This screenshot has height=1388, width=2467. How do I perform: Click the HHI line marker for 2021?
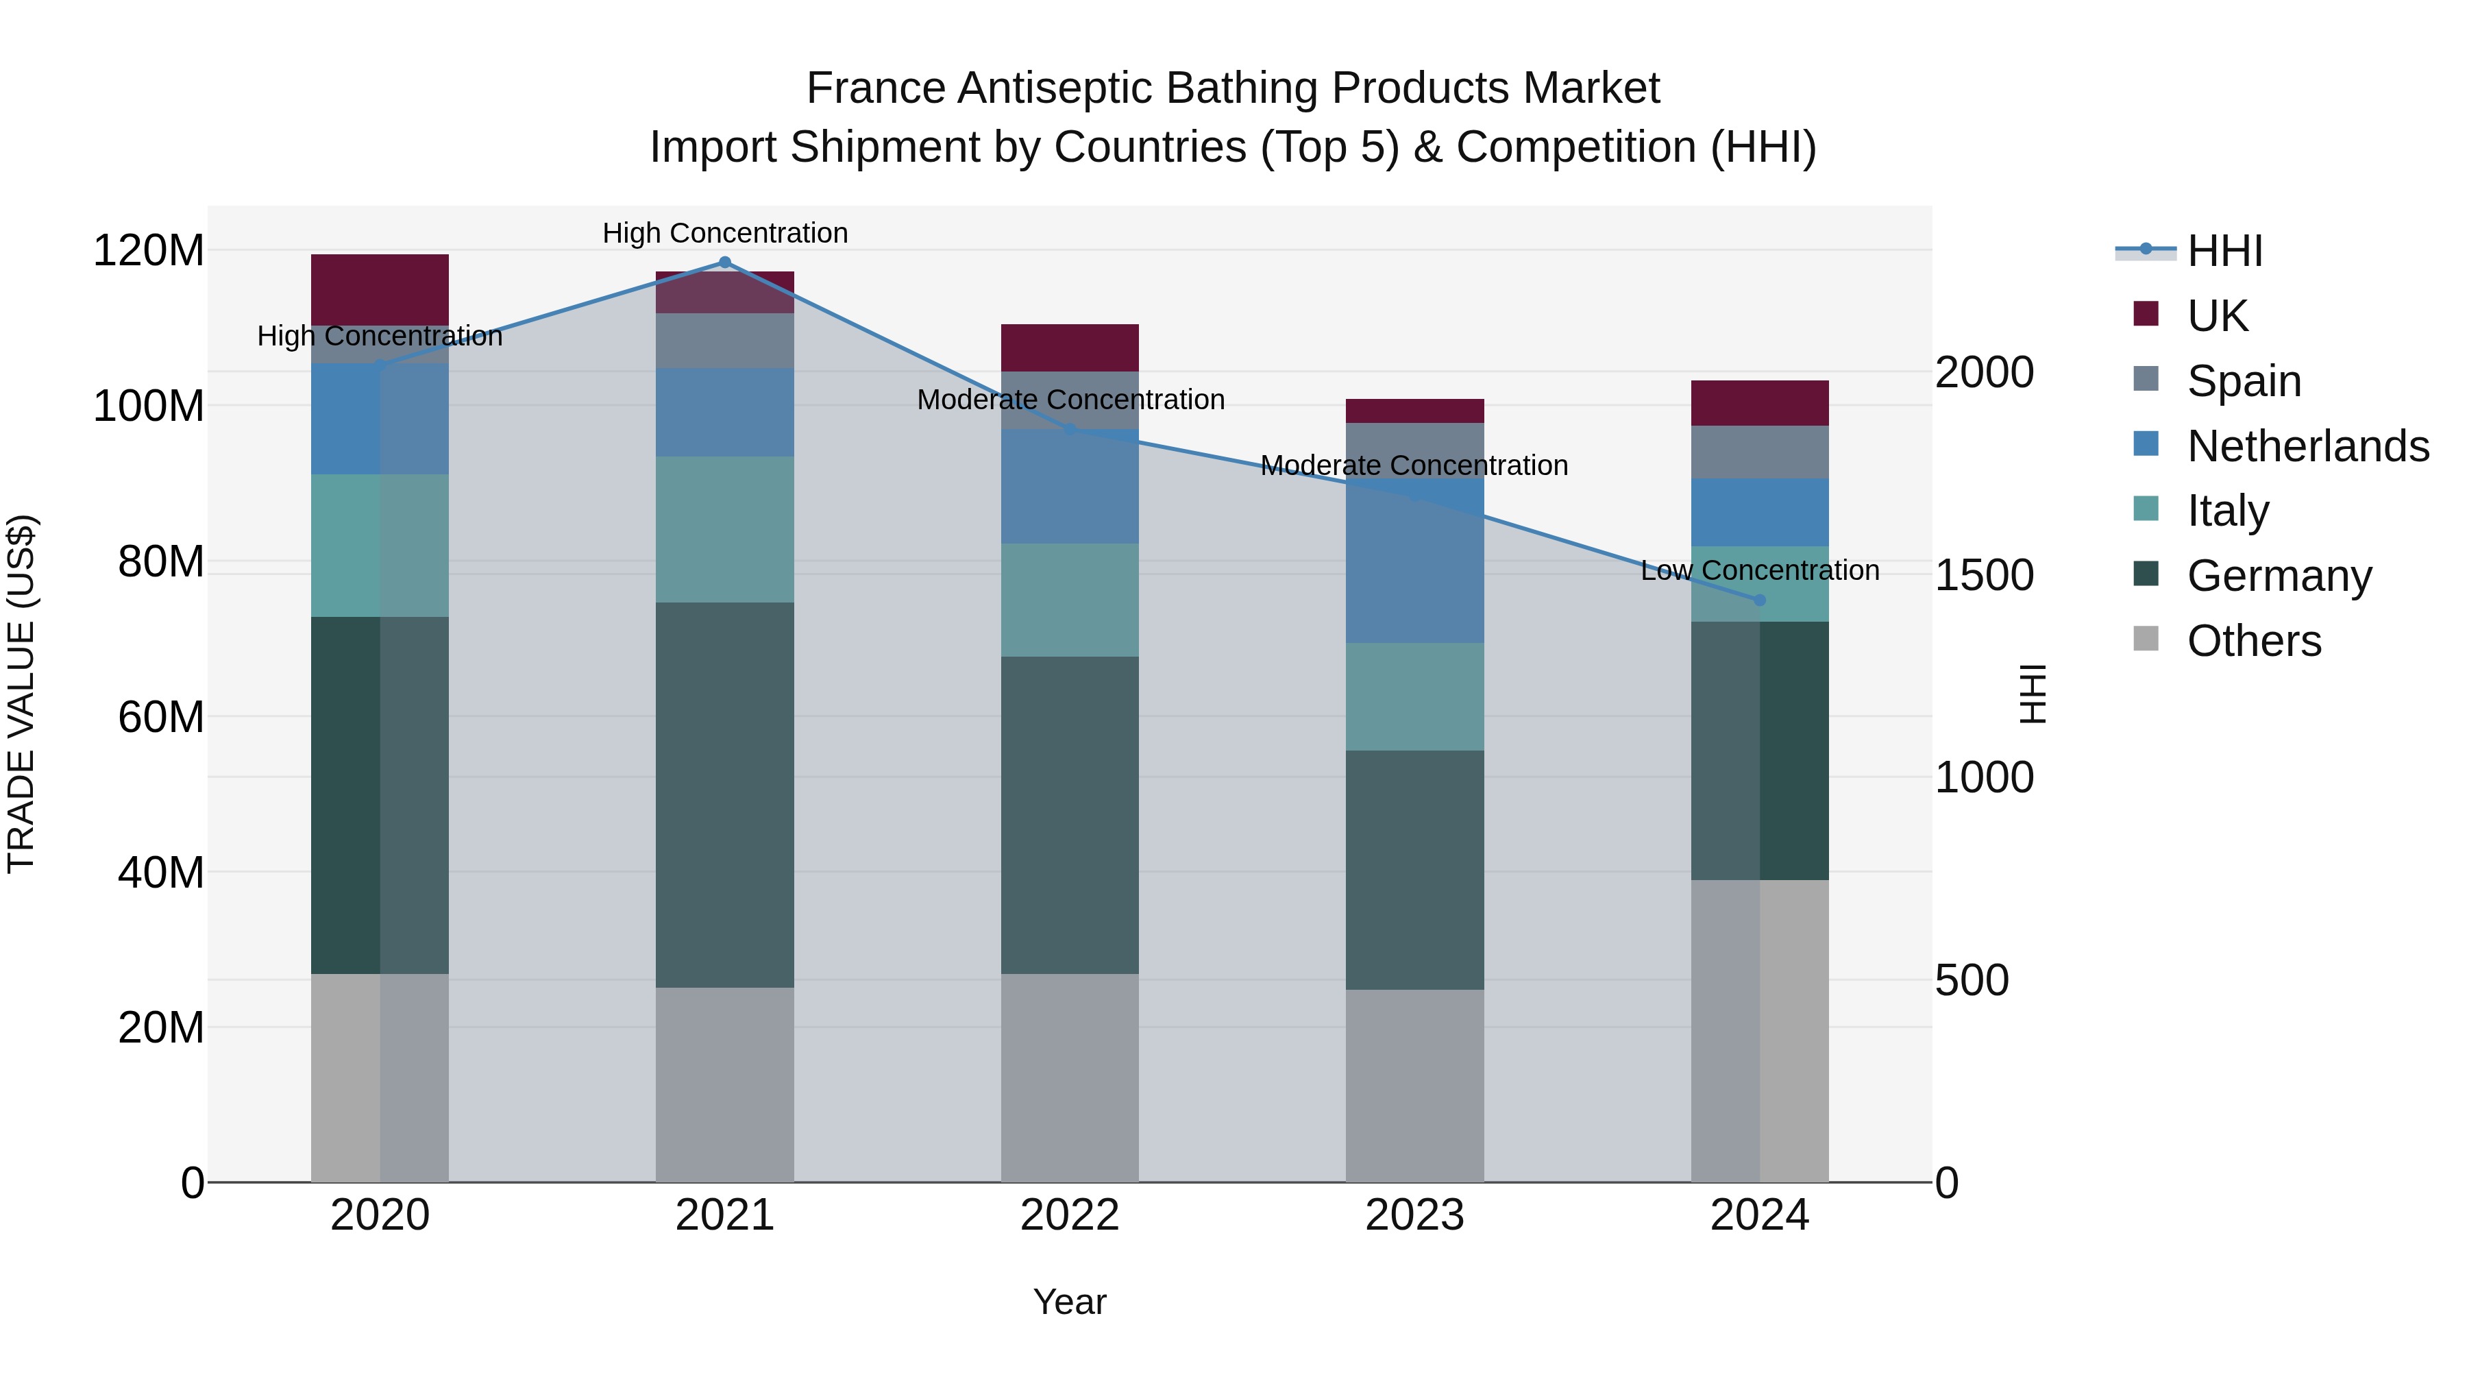pos(724,263)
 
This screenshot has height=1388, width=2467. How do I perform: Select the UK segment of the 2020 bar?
pos(380,289)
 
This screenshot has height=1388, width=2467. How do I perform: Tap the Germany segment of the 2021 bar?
pos(724,794)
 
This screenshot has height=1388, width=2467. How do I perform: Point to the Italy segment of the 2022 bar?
pos(1070,600)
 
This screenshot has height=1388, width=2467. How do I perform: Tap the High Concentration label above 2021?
pos(725,233)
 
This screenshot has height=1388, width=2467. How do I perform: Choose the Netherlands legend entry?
pos(2307,446)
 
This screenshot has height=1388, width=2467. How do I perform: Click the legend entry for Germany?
pos(2279,576)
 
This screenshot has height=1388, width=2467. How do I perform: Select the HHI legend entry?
pos(2224,251)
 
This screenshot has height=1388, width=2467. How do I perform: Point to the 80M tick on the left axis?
pos(161,562)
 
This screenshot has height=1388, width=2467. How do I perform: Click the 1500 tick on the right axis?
pos(1985,575)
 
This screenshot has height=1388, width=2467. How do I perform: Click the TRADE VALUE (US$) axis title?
pos(21,694)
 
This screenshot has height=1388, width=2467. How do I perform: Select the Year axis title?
pos(1070,1302)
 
